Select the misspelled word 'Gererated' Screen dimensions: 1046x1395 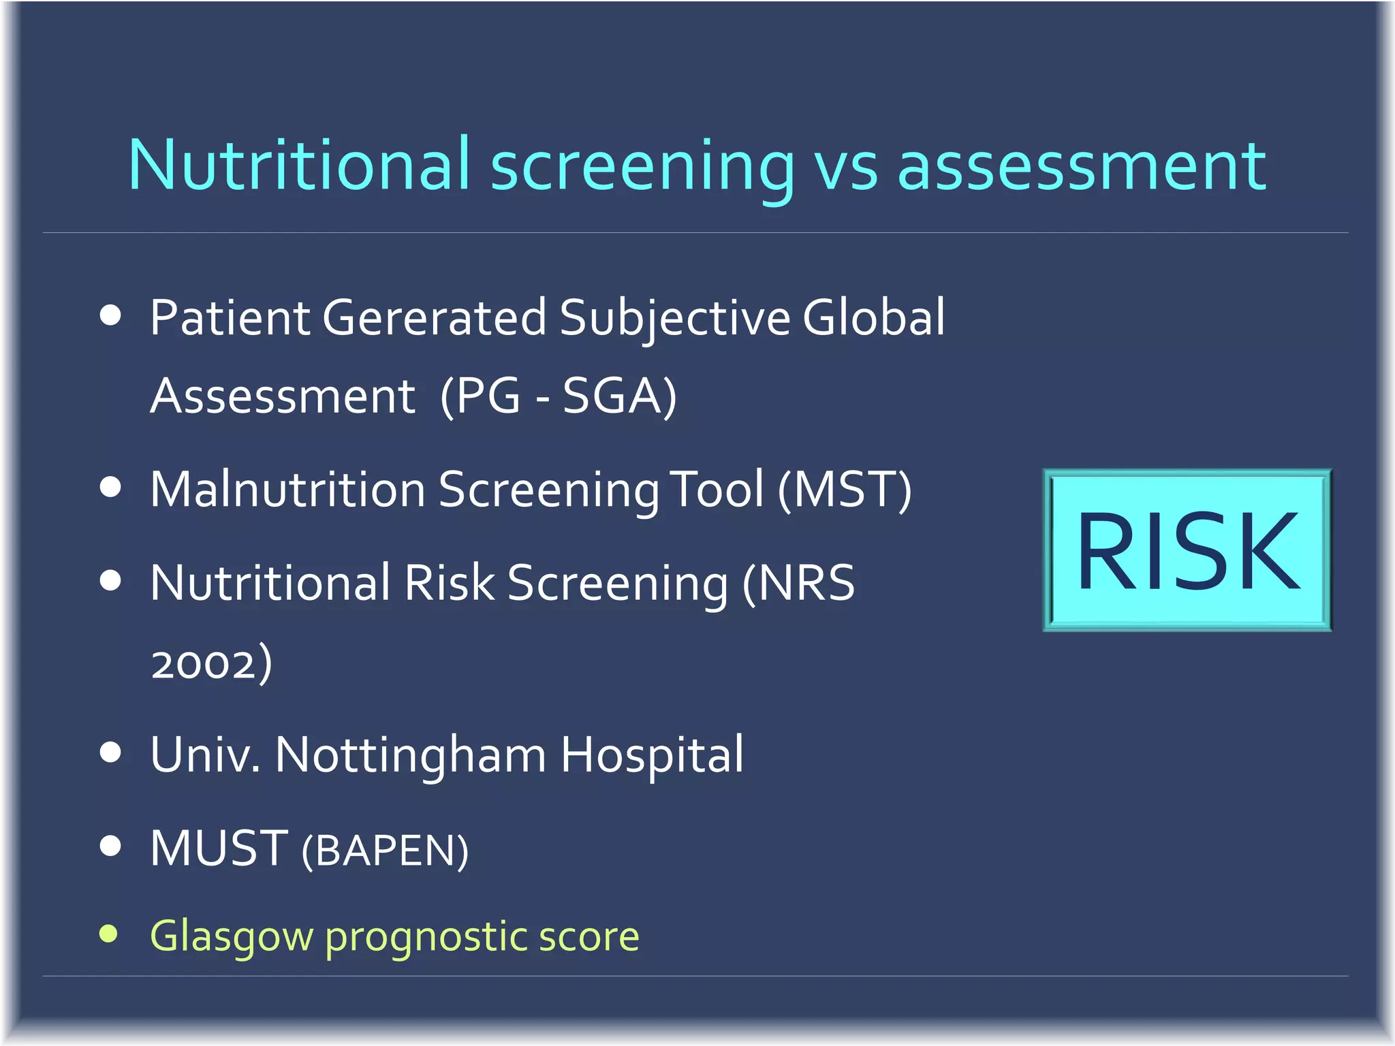coord(434,318)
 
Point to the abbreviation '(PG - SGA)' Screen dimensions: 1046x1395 coord(559,396)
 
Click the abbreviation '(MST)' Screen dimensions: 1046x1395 coord(845,490)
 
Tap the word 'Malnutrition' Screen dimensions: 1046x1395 coord(287,490)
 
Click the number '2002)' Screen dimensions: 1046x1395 coord(211,663)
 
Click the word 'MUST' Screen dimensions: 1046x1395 coord(219,849)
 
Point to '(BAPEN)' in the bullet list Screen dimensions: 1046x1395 coord(385,851)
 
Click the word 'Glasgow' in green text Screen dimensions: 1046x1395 coord(231,937)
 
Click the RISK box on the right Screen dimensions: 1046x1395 coord(1187,550)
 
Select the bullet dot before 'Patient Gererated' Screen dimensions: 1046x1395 coord(110,315)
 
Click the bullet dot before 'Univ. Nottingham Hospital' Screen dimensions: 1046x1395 coord(110,752)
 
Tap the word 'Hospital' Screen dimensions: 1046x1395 coord(652,755)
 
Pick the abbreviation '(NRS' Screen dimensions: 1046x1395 coord(798,584)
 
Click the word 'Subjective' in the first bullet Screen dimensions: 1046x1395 coord(674,318)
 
